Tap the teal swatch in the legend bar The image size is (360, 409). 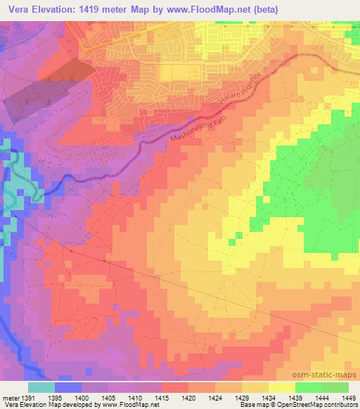pyautogui.click(x=41, y=387)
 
